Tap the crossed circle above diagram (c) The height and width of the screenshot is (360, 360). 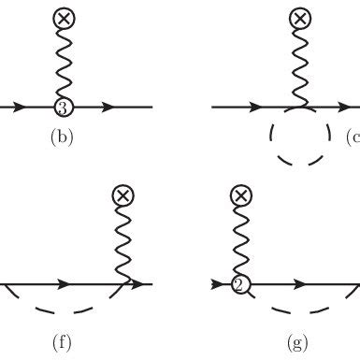pos(299,18)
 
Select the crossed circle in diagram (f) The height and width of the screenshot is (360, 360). pos(122,194)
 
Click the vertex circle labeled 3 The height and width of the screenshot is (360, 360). pos(62,107)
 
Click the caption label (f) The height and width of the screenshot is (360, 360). pos(63,341)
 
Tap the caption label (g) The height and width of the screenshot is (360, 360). pos(298,341)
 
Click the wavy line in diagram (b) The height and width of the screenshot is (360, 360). pos(63,61)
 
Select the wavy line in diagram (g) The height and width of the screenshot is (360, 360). pos(239,238)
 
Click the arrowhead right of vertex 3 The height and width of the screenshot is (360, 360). pos(109,107)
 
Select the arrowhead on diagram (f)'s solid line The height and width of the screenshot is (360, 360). pos(65,283)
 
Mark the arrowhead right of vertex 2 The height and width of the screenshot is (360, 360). pos(300,283)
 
